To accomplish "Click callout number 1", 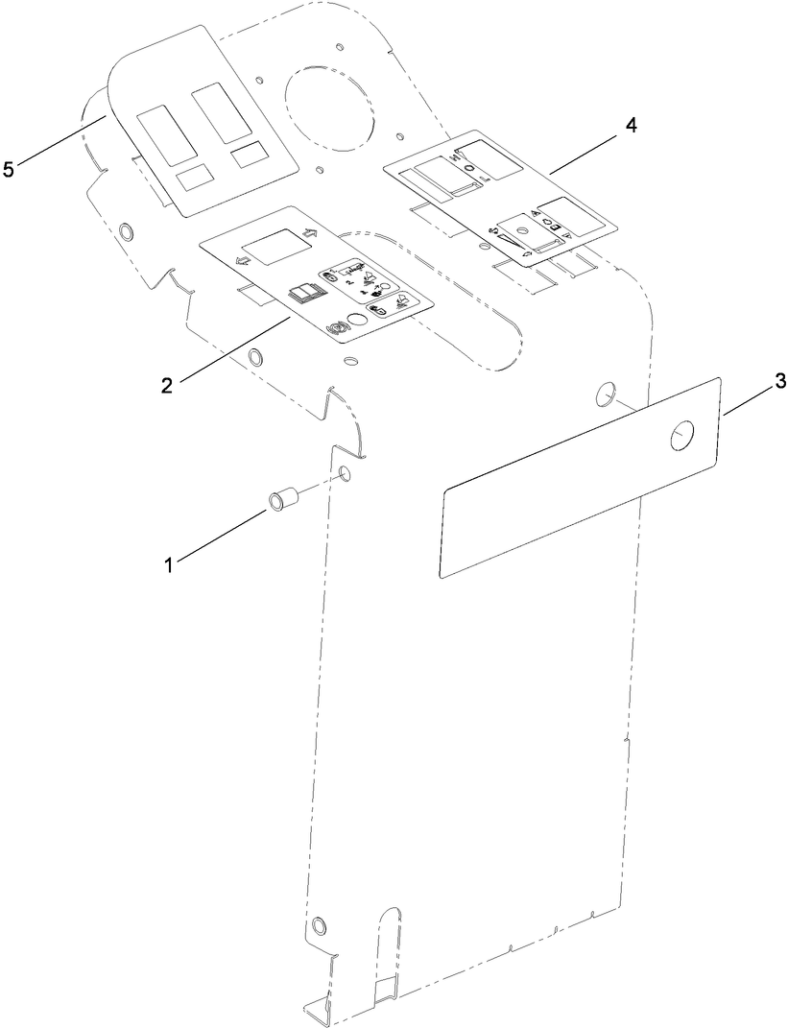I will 169,564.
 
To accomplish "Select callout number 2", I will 167,385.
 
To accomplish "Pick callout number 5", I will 9,169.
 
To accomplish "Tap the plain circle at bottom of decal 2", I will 355,322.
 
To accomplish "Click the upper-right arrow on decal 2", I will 308,233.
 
